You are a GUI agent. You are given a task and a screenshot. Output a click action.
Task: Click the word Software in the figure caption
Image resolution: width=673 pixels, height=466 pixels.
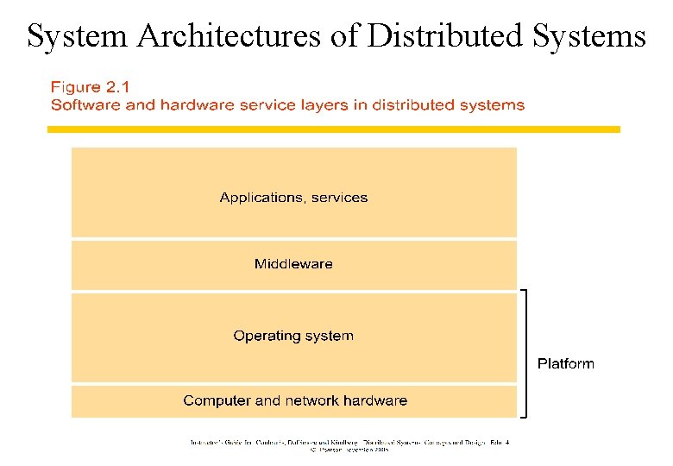point(84,105)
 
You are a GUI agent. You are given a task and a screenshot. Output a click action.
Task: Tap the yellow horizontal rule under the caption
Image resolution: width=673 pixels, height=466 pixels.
point(333,129)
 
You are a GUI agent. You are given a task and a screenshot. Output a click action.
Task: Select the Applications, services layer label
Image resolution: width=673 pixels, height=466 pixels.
point(293,198)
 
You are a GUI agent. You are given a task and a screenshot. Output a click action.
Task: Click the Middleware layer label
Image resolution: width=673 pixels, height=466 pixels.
point(293,264)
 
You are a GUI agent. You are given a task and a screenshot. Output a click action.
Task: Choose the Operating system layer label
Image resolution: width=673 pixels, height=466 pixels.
point(293,336)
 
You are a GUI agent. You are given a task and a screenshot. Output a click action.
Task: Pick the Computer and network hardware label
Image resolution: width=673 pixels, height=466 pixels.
point(295,400)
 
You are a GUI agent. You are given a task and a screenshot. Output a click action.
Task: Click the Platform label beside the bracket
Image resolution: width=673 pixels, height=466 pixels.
point(565,363)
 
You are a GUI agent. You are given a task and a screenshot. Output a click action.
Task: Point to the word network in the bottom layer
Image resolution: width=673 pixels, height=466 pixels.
point(311,400)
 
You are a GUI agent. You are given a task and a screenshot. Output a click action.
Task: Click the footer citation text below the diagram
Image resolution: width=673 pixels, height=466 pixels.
point(349,445)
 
